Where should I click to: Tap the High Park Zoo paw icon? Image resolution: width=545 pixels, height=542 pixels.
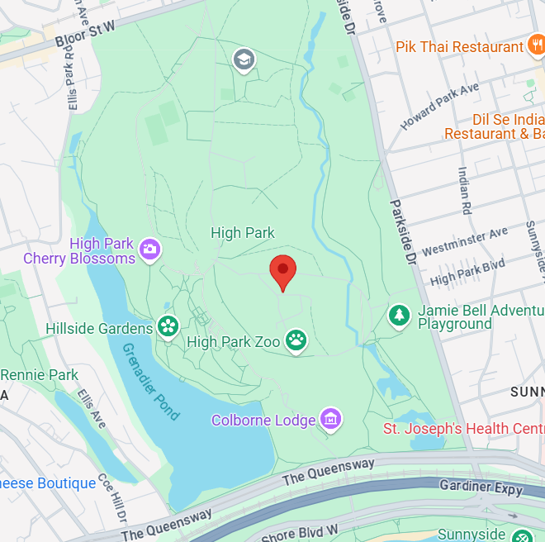click(x=296, y=340)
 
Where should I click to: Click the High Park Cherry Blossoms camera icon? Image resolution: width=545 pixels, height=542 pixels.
click(x=149, y=249)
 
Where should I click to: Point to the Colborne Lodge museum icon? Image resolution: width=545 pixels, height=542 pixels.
click(x=331, y=419)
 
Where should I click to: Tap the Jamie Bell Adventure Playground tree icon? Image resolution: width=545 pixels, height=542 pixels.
click(x=400, y=315)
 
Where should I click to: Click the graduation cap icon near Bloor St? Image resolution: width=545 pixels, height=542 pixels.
click(x=244, y=59)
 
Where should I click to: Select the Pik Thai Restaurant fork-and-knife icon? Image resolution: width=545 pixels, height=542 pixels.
click(x=535, y=46)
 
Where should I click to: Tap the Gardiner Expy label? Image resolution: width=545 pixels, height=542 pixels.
click(x=481, y=487)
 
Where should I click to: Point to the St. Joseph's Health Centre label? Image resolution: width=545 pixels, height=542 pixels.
click(x=463, y=428)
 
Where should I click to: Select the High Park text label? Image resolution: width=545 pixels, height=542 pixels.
click(x=243, y=233)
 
